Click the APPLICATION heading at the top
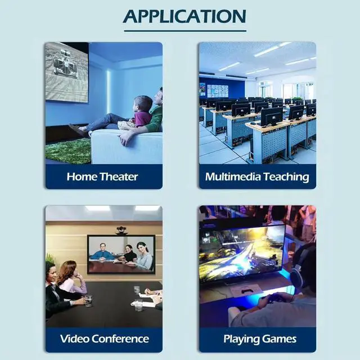click(184, 16)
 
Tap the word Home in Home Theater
click(82, 177)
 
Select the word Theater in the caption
click(119, 177)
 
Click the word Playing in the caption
click(242, 339)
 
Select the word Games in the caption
click(280, 339)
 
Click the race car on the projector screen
click(65, 64)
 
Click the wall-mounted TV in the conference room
click(121, 254)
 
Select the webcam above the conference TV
click(121, 229)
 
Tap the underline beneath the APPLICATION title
click(184, 30)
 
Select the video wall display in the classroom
click(218, 90)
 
